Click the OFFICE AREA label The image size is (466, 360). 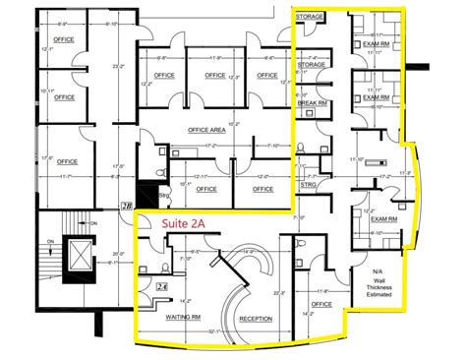click(197, 130)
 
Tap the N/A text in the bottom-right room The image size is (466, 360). click(378, 270)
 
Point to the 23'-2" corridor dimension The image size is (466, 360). click(117, 67)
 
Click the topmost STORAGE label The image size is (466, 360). click(312, 17)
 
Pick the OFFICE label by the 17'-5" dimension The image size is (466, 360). click(67, 160)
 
